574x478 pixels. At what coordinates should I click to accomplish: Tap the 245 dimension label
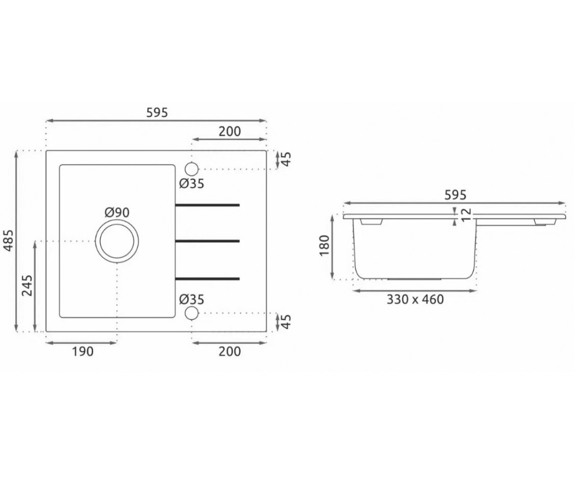[27, 285]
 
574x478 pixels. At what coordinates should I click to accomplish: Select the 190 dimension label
[83, 352]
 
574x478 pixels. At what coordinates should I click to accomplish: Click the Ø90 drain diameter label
[117, 213]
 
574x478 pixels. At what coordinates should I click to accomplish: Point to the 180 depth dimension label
[324, 246]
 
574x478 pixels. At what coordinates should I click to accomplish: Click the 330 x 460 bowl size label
[415, 299]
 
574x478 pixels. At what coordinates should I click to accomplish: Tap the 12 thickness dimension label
[466, 215]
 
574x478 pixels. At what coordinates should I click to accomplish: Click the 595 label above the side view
[455, 195]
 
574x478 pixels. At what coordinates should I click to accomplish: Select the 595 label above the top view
[157, 113]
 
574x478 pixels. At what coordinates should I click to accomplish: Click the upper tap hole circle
[192, 169]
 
